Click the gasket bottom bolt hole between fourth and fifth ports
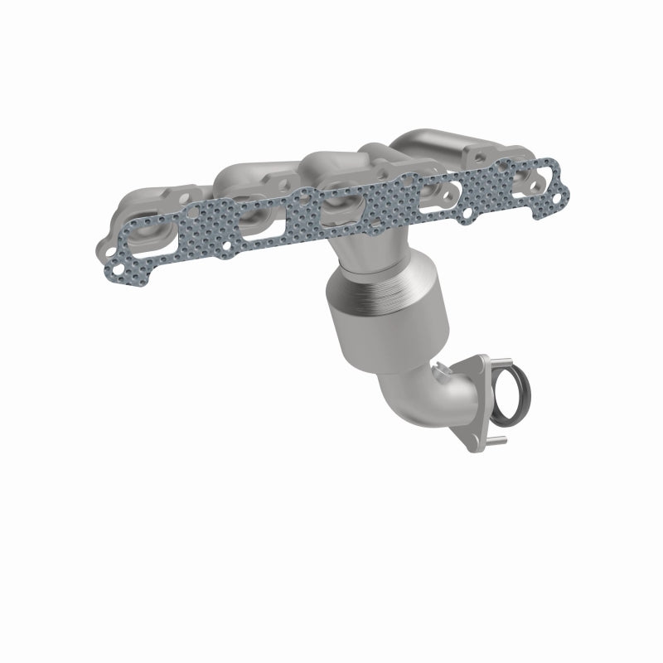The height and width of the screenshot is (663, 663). point(469,214)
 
